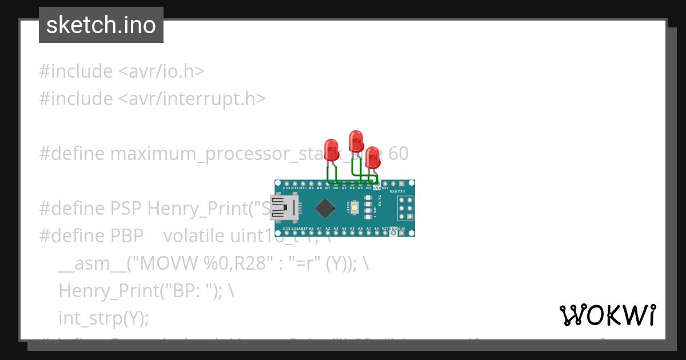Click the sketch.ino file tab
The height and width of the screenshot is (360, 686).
point(101,25)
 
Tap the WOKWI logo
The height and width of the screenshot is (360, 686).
point(608,315)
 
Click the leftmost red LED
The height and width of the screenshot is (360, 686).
point(331,150)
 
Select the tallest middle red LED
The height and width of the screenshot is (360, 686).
point(356,141)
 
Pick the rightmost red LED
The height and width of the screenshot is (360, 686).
point(372,158)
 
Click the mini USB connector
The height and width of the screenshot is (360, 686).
point(286,208)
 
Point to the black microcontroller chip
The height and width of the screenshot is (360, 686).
point(325,208)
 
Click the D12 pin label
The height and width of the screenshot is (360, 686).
point(287,187)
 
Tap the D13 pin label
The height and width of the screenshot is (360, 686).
point(287,229)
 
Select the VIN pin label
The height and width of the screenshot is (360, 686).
point(401,229)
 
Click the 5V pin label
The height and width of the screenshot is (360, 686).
point(377,229)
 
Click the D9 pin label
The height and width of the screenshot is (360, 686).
point(312,187)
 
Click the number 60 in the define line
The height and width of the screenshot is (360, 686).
point(398,154)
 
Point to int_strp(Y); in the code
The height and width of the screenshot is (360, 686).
point(103,318)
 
